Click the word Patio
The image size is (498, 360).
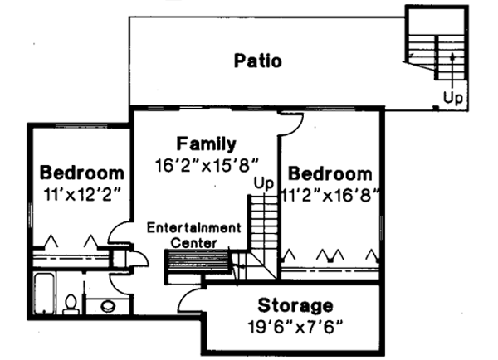pyautogui.click(x=257, y=61)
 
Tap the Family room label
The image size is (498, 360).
pyautogui.click(x=207, y=144)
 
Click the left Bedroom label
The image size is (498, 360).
pyautogui.click(x=83, y=173)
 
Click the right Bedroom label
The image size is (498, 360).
pyautogui.click(x=330, y=174)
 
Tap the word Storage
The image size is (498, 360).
pyautogui.click(x=295, y=304)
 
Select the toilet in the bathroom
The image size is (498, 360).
pyautogui.click(x=71, y=304)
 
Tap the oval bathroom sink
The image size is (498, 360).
pyautogui.click(x=109, y=307)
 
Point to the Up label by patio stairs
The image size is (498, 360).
pyautogui.click(x=453, y=97)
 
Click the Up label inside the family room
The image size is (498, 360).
pyautogui.click(x=263, y=182)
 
